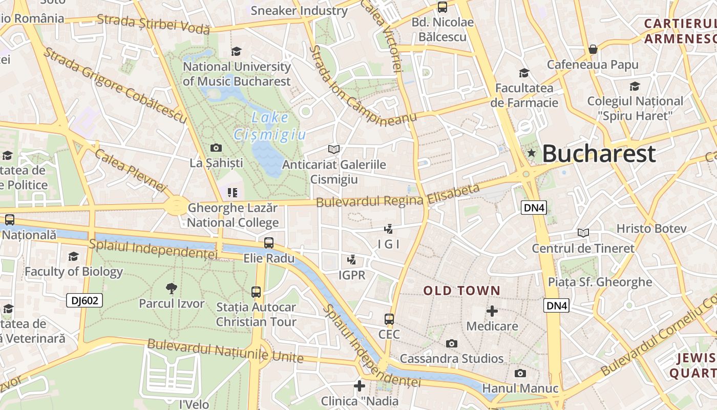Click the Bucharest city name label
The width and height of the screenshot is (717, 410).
(x=599, y=153)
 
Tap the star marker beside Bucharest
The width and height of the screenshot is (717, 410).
(x=532, y=153)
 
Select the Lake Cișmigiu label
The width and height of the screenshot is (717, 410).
(x=270, y=126)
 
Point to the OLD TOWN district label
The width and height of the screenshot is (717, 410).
(x=461, y=291)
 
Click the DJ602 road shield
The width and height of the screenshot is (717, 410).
(x=85, y=300)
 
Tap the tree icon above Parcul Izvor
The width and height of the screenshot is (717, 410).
(x=172, y=288)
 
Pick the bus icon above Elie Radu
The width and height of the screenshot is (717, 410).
(x=269, y=243)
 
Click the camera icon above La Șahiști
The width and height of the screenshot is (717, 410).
(x=216, y=148)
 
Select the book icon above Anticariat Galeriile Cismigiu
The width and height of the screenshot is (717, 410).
(x=334, y=149)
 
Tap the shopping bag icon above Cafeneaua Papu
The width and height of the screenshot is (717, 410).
(x=593, y=49)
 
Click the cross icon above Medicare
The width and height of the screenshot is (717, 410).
(x=492, y=311)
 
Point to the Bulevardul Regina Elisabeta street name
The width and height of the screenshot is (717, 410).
(x=398, y=196)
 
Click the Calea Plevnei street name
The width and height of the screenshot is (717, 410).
(x=131, y=171)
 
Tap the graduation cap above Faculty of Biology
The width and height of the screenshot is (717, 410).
(x=74, y=256)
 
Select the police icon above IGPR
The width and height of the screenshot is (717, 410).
(x=352, y=260)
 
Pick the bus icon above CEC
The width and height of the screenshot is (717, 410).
(x=389, y=319)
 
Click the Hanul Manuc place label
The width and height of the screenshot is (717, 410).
(x=520, y=388)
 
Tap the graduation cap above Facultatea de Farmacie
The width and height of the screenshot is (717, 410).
(x=524, y=73)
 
